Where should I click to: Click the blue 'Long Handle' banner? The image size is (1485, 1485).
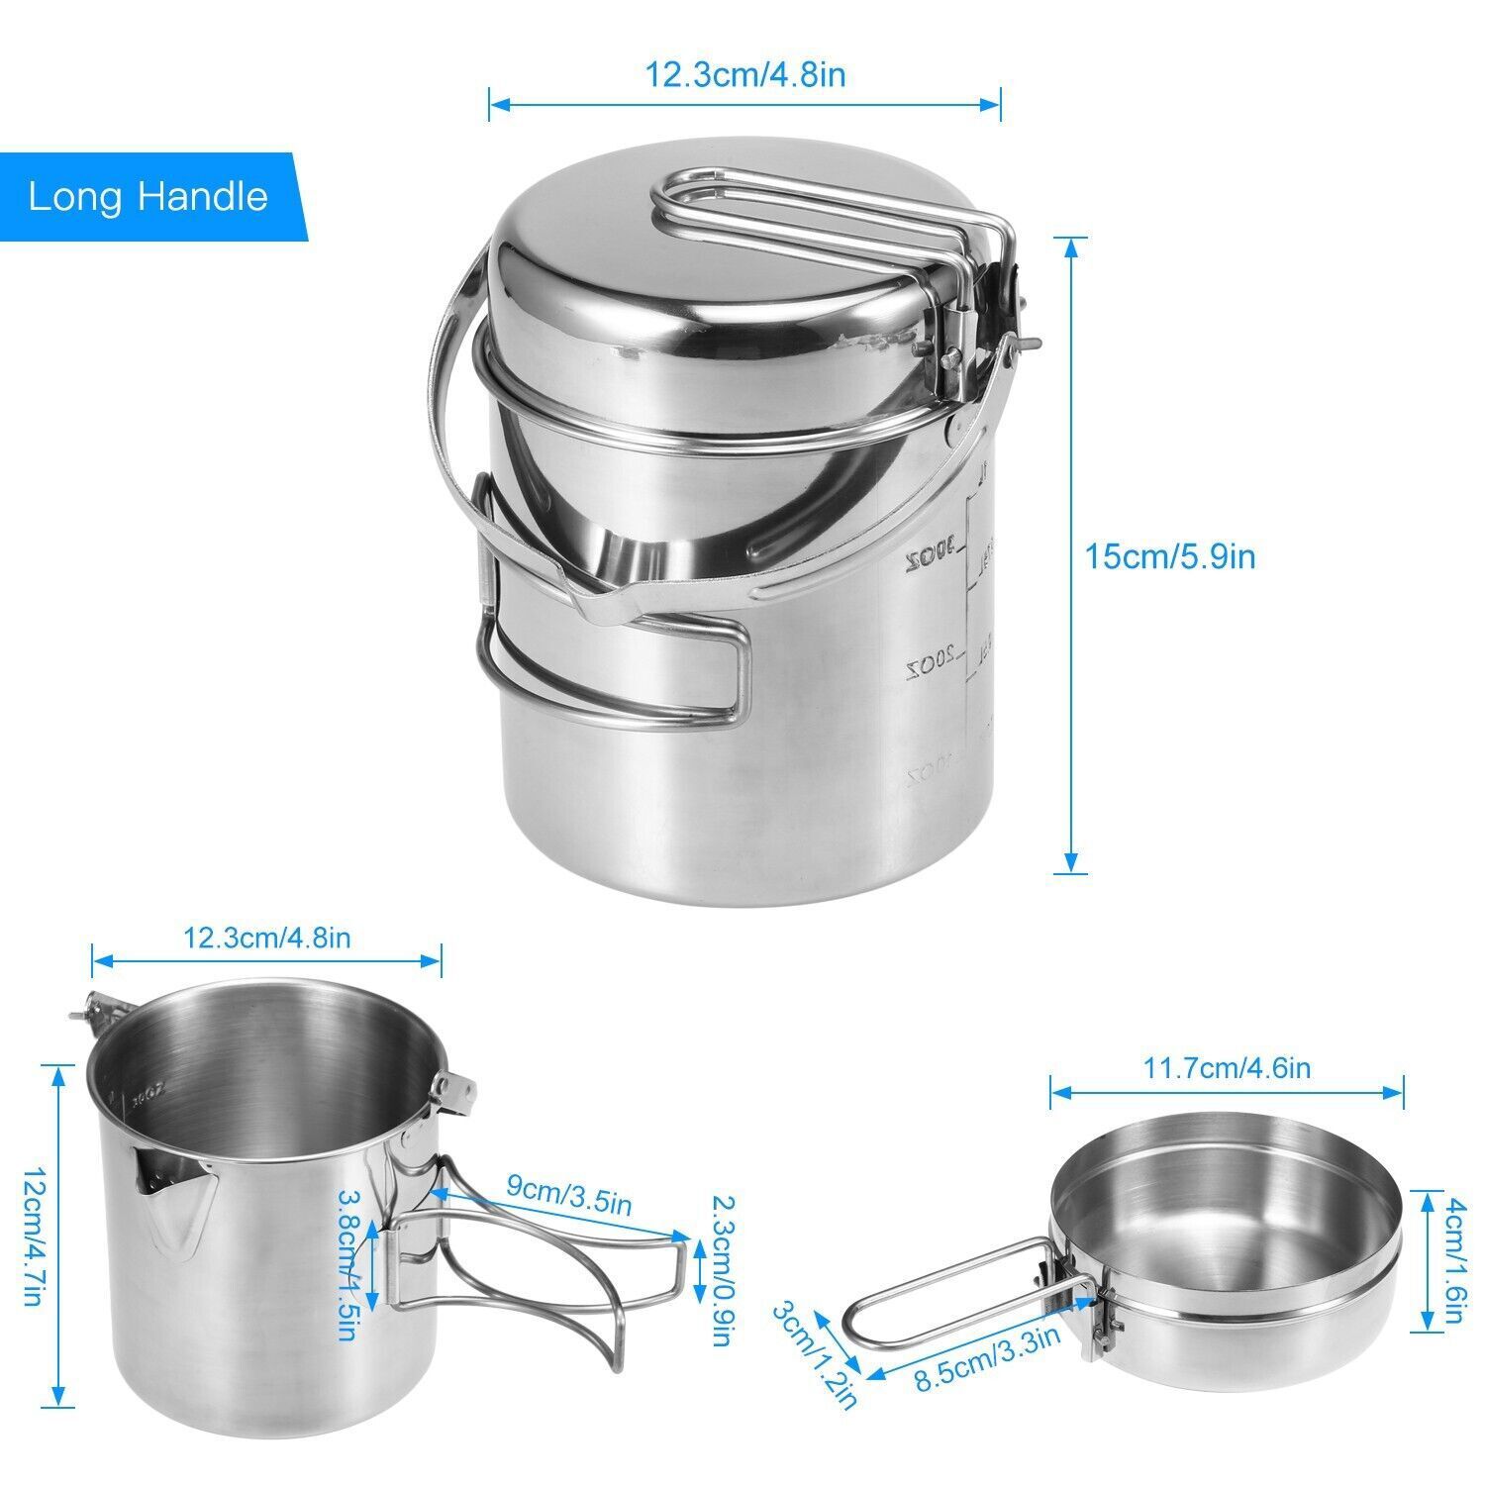(x=148, y=196)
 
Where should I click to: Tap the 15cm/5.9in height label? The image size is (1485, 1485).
(x=1170, y=556)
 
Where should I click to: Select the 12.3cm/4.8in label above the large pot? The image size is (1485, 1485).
(x=745, y=74)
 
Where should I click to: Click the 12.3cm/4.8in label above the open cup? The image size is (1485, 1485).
(x=266, y=937)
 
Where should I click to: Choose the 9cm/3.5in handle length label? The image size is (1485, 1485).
(x=568, y=1194)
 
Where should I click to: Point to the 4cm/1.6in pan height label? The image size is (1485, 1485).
(x=1453, y=1261)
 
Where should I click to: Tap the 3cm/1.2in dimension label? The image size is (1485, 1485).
(x=814, y=1355)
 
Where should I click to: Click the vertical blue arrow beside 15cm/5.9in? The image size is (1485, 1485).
(x=1070, y=554)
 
